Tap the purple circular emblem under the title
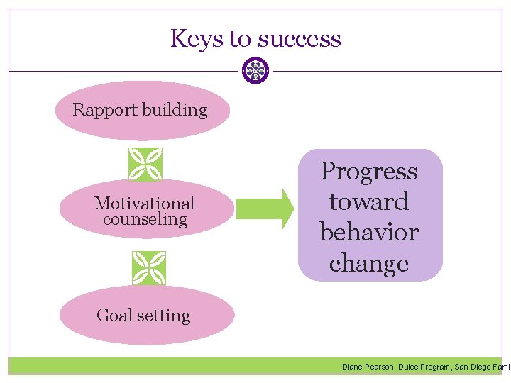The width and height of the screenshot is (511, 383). click(255, 71)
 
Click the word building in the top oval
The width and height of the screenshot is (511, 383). click(175, 110)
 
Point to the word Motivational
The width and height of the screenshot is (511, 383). click(144, 204)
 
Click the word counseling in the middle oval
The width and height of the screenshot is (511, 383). click(145, 219)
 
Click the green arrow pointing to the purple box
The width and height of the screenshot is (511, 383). click(265, 208)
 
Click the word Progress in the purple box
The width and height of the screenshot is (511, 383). click(369, 172)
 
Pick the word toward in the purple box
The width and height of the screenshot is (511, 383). click(369, 202)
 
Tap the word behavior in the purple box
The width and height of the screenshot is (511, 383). click(369, 233)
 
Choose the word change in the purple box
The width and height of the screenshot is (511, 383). click(369, 263)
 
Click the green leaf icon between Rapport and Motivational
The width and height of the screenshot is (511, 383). click(145, 165)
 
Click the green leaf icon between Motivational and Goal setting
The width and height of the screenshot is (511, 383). click(149, 269)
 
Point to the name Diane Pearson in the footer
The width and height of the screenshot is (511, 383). click(368, 367)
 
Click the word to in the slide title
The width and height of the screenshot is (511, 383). click(239, 38)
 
